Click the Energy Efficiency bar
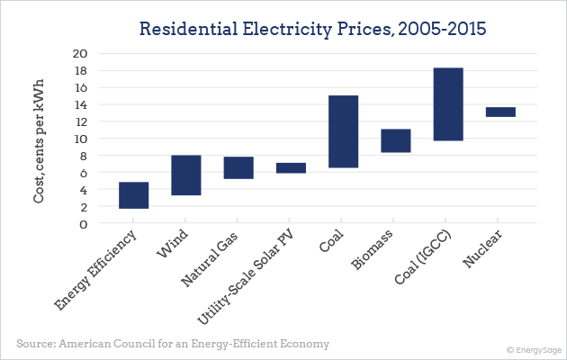click(133, 195)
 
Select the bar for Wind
click(185, 175)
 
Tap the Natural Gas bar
click(238, 167)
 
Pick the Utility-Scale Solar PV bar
click(291, 167)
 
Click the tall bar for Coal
click(343, 131)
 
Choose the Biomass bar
click(395, 140)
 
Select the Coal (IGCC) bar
click(448, 104)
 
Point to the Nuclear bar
click(500, 112)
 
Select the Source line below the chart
click(173, 344)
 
